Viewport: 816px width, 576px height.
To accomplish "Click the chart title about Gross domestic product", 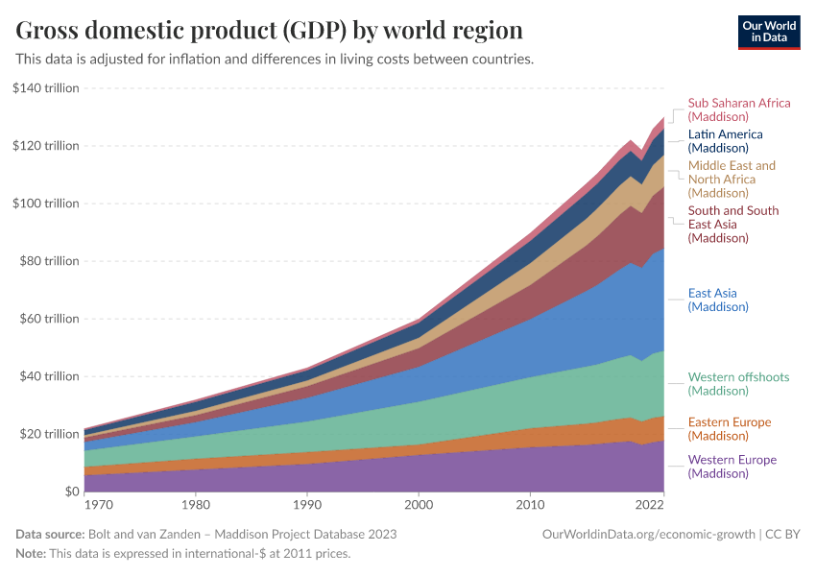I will click(270, 31).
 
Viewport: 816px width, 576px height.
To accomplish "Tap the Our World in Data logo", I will click(768, 31).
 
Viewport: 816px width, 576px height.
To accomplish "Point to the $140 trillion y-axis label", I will click(46, 88).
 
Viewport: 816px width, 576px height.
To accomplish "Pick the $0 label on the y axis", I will click(71, 492).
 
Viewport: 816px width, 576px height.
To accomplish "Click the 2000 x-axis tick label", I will click(419, 505).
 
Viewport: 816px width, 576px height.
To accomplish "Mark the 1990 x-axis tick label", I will click(307, 505).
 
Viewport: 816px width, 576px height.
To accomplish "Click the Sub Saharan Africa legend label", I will click(739, 109).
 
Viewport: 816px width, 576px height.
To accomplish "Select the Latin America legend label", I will click(725, 141).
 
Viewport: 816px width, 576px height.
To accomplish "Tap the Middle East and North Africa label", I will click(732, 179).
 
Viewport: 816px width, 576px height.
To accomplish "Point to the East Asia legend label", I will click(718, 300).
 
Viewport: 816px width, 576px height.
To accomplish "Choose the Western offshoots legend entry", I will click(738, 384).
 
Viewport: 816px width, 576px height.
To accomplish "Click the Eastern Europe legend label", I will click(730, 429).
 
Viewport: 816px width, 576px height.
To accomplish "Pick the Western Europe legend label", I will click(732, 467).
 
